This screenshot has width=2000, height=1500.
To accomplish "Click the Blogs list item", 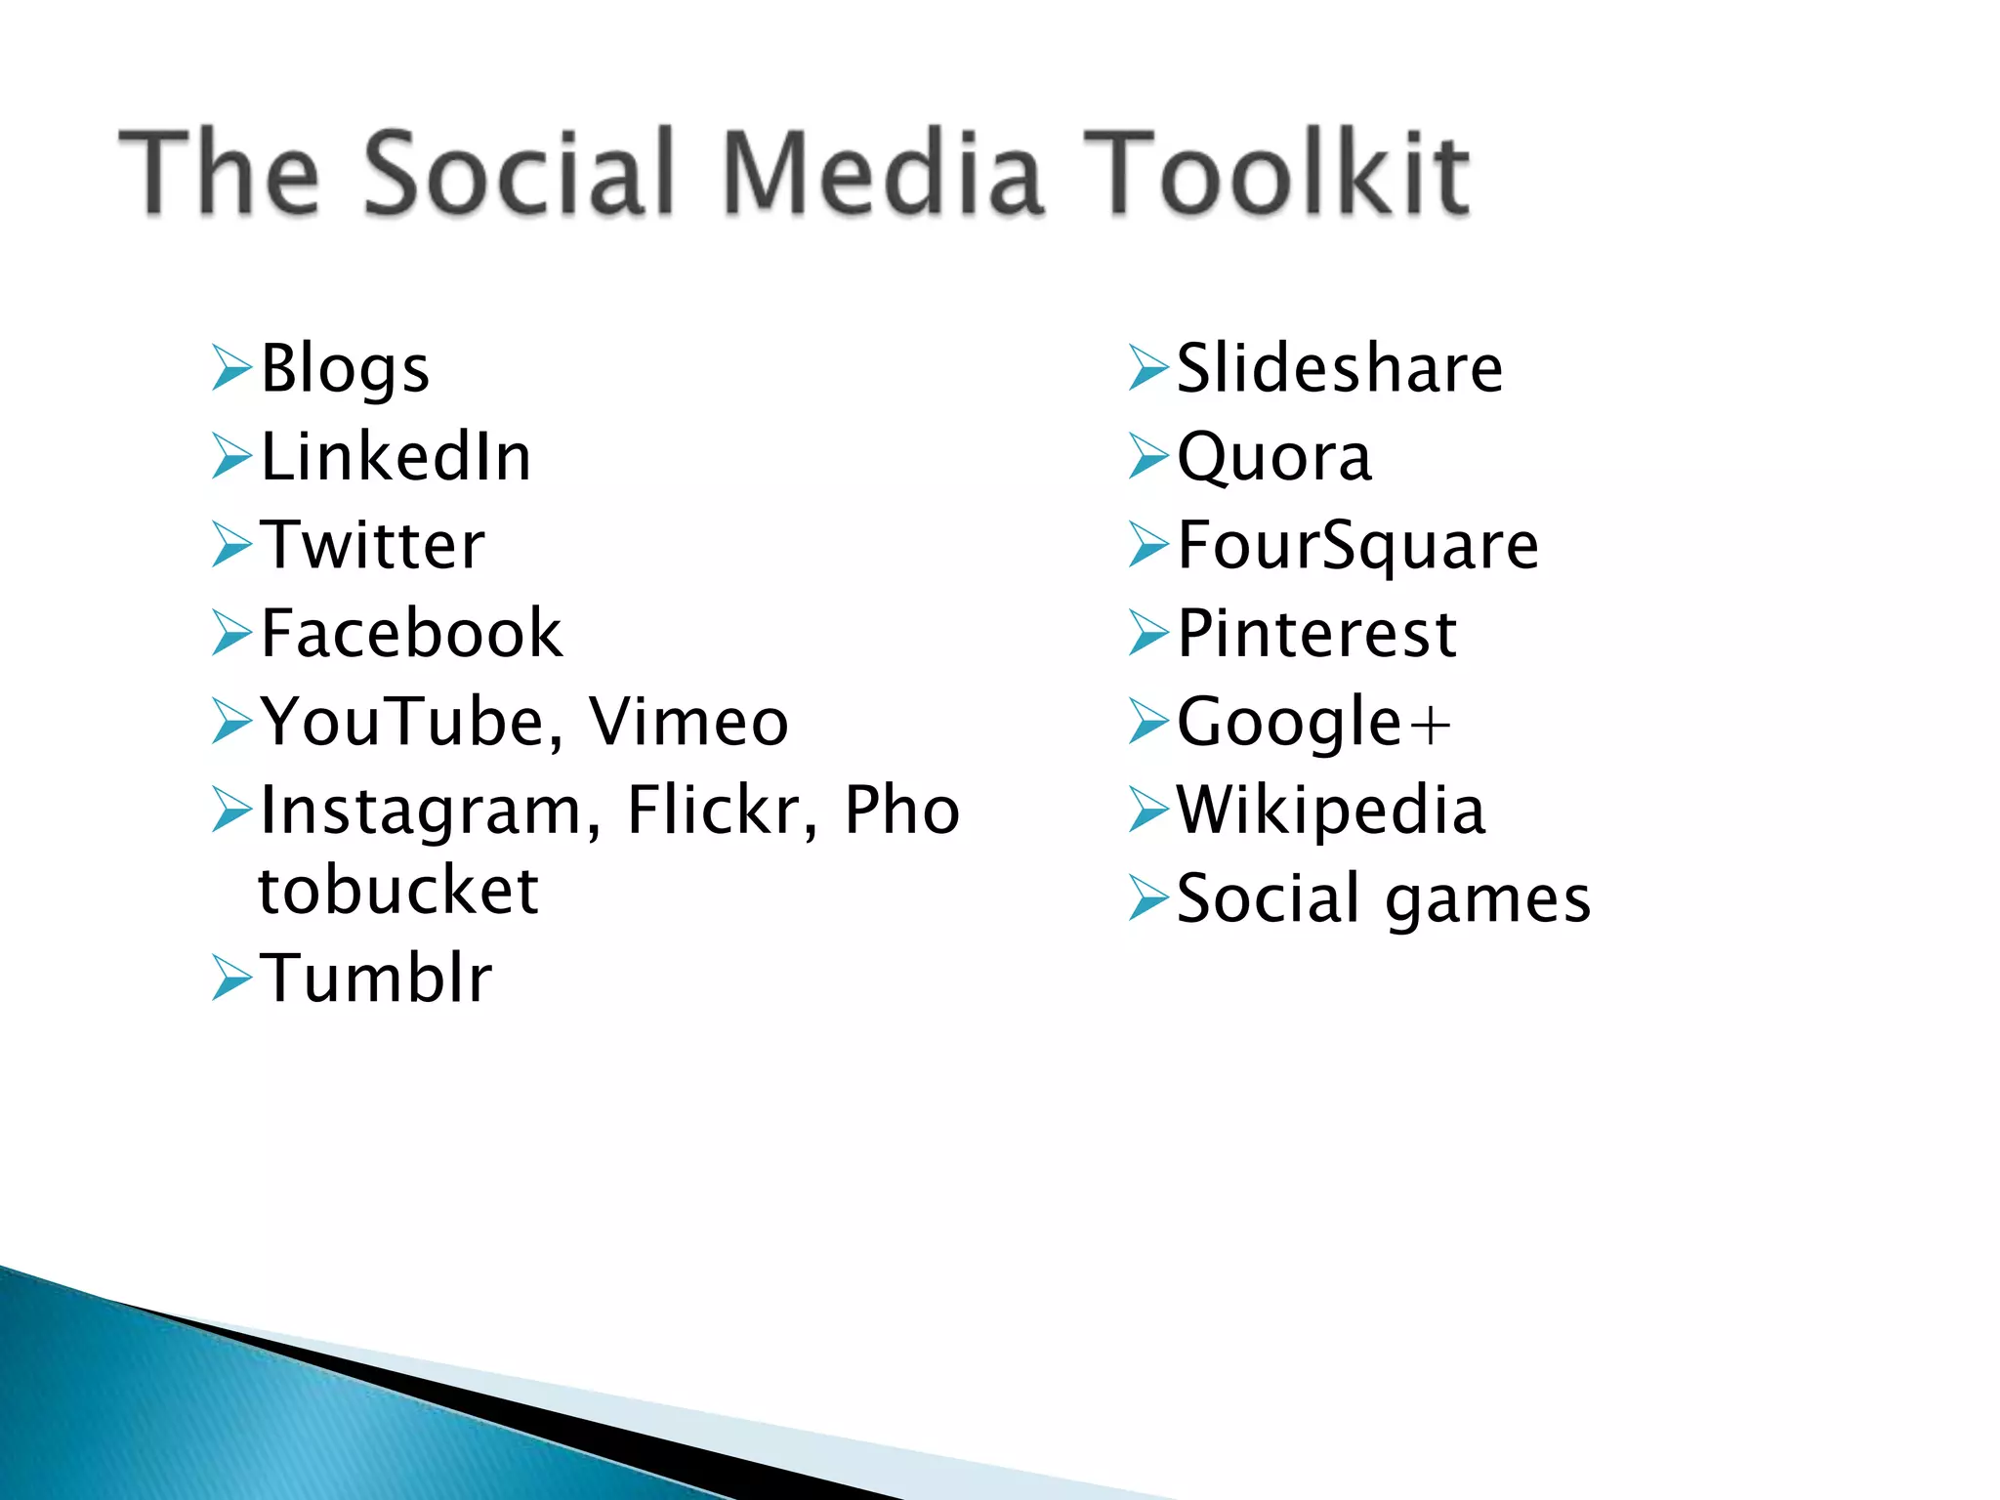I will [x=345, y=369].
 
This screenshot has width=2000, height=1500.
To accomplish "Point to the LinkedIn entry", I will [x=396, y=457].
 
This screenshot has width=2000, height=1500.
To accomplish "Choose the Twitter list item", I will [x=372, y=545].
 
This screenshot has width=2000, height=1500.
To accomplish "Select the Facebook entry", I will [x=411, y=633].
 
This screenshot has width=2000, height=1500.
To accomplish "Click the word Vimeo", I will [x=688, y=722].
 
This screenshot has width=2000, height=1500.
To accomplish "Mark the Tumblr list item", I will [x=376, y=978].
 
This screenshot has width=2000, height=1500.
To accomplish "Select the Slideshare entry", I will [x=1340, y=368].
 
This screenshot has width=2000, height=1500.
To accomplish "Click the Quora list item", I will [x=1274, y=457].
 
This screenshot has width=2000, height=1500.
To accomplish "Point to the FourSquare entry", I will [x=1357, y=545].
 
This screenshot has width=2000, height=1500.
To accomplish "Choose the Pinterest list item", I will [x=1317, y=633].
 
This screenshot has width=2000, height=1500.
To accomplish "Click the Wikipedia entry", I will [x=1331, y=810].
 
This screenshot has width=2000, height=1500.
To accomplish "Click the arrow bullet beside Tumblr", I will [x=231, y=978].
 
